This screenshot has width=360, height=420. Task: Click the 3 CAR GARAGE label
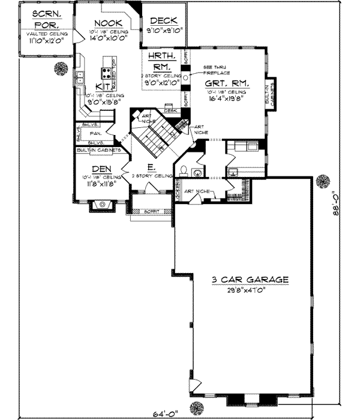tap(250, 280)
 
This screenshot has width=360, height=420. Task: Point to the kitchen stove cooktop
tap(106, 74)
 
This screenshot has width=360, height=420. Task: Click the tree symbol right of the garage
tap(323, 181)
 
